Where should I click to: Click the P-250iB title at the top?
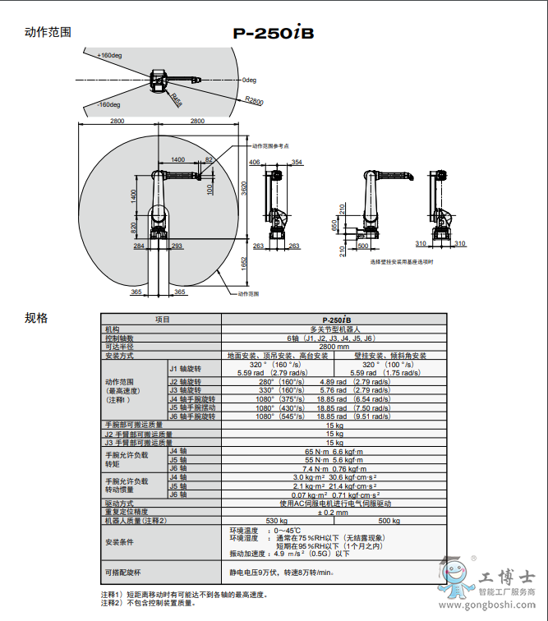coord(274,34)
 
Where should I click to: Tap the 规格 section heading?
coord(36,318)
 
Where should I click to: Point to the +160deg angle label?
coord(109,55)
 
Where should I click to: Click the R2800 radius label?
coord(254,101)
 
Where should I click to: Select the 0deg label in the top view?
coord(250,80)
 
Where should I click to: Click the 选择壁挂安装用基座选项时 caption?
coord(401,261)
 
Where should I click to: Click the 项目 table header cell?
coord(162,320)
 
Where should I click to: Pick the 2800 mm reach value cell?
coord(334,347)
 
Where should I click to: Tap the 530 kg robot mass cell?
coord(277,520)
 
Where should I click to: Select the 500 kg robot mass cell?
coord(389,520)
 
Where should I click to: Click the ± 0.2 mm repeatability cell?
coord(334,512)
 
